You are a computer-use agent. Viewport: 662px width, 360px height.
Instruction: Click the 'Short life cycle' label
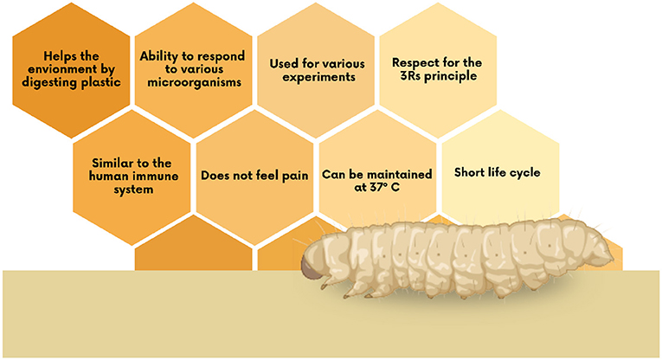(497, 172)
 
